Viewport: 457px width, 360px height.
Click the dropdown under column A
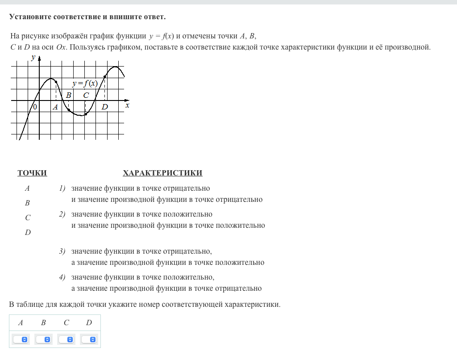tap(21, 339)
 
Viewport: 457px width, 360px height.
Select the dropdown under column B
tap(44, 339)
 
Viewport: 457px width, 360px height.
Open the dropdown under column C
tap(66, 339)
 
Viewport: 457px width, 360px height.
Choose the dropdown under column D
tap(89, 339)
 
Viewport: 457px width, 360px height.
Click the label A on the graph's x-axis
tap(55, 107)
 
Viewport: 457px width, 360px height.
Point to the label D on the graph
tap(104, 107)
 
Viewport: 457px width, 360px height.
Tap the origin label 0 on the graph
tap(35, 107)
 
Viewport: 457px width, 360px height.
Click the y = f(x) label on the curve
tap(85, 84)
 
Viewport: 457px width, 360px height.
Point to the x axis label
tap(127, 105)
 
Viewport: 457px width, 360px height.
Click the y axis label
tap(33, 57)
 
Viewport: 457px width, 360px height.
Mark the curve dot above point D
tap(105, 77)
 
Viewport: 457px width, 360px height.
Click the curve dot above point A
tap(56, 82)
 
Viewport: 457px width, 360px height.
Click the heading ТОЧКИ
tap(32, 173)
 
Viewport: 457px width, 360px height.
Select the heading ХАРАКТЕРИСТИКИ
tap(162, 173)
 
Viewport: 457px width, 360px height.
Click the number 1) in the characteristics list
tap(62, 188)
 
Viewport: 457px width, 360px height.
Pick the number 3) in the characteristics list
tap(62, 251)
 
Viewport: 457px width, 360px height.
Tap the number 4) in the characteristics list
tap(62, 277)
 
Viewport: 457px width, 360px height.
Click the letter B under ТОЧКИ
tap(27, 203)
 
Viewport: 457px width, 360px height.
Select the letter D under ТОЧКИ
tap(28, 233)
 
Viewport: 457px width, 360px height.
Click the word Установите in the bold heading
tap(30, 17)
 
